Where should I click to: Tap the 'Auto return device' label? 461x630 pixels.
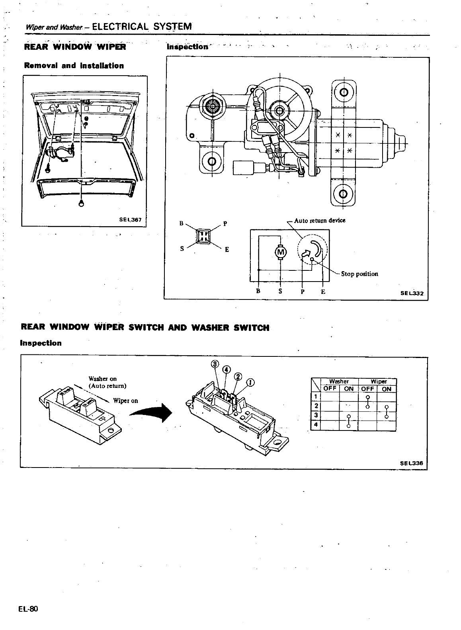tap(320, 220)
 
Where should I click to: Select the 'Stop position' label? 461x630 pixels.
tap(359, 274)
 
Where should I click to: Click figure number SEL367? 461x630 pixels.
tap(131, 219)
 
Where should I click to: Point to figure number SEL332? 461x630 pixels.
tap(413, 293)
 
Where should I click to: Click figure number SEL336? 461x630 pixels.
tap(412, 463)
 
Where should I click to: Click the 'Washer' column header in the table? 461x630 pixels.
tap(339, 382)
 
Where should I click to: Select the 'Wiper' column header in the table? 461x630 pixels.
tap(378, 382)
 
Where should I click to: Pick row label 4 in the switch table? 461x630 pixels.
tap(315, 425)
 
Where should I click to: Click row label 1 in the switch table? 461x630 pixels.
tap(315, 397)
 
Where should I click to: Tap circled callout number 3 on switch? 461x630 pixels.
tap(215, 364)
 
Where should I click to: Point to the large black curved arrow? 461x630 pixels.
tap(153, 414)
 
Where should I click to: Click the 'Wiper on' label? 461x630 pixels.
tap(125, 401)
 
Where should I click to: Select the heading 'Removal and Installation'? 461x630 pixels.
tap(74, 66)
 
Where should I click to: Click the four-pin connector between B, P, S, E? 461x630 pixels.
tap(203, 235)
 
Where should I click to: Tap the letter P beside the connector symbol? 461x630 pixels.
tap(225, 223)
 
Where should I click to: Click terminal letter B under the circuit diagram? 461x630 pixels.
tap(258, 292)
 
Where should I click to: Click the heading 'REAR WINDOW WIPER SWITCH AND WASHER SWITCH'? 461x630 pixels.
tap(145, 327)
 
